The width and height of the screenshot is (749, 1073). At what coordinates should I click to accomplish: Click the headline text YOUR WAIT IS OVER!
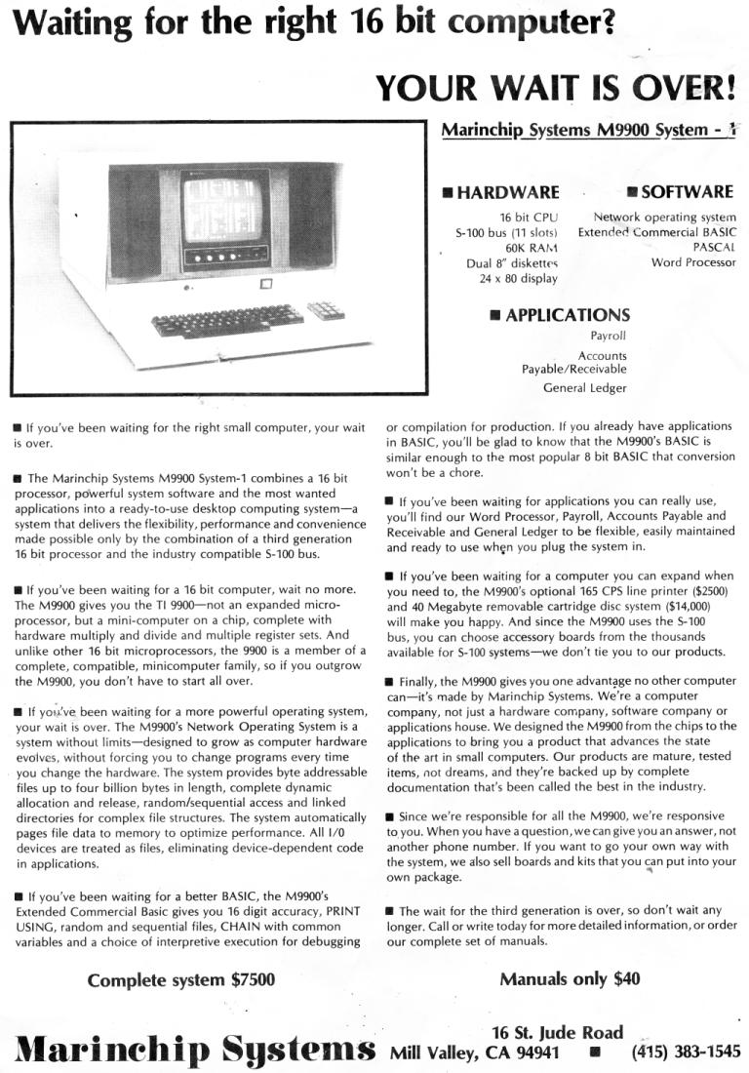click(x=555, y=89)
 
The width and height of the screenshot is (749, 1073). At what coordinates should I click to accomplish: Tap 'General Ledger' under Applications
click(x=585, y=387)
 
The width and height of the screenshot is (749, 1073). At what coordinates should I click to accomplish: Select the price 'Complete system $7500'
click(x=181, y=979)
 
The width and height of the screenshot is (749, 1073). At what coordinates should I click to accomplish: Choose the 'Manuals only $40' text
click(x=570, y=978)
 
